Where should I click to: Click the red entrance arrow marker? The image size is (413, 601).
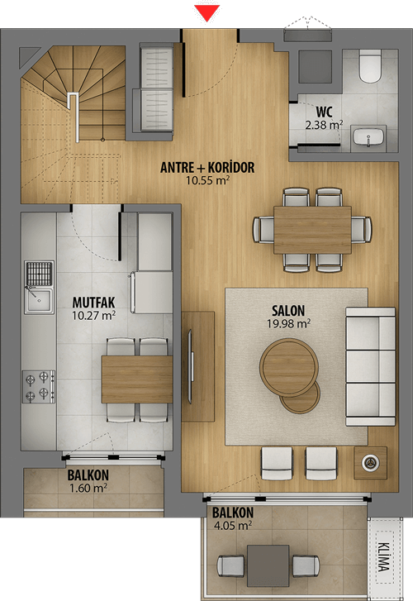206,13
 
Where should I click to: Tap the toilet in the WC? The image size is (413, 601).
370,66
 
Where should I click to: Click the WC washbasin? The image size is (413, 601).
368,138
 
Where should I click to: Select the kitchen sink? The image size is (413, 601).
39,301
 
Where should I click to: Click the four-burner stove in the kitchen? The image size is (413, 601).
38,386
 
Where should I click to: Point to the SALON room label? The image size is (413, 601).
288,311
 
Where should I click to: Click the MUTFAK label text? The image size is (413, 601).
93,303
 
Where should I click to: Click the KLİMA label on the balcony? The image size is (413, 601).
384,556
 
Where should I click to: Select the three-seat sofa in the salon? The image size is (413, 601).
371,366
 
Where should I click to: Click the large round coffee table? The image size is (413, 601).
289,367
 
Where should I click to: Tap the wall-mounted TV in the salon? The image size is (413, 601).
190,366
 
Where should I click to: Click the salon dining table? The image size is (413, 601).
312,230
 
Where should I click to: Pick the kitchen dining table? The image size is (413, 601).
137,379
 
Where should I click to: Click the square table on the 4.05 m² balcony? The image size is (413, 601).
268,565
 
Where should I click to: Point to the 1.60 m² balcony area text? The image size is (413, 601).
88,489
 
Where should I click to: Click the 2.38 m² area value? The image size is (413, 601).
324,125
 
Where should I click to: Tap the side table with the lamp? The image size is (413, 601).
371,463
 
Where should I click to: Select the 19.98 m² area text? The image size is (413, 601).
288,324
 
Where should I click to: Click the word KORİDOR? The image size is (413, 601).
231,168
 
